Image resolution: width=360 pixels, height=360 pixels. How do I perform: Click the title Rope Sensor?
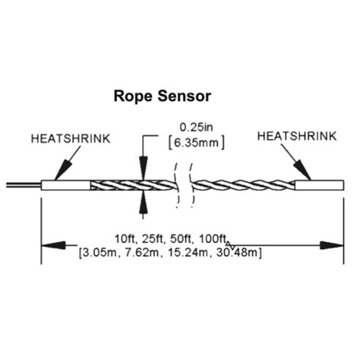tap(162, 96)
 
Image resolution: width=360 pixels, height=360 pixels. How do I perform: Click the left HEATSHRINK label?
tap(71, 140)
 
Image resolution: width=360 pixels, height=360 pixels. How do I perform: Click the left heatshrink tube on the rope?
tap(66, 185)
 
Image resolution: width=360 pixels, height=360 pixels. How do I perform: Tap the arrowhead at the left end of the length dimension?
tap(52, 245)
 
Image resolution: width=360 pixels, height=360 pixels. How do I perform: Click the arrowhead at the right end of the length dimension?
tap(332, 245)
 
